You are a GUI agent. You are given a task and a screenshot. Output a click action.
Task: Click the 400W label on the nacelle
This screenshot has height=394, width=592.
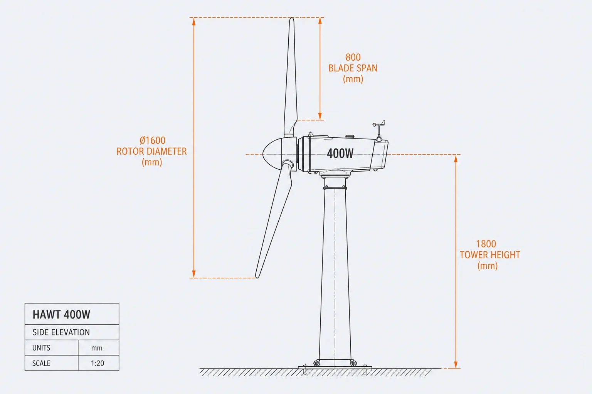(x=340, y=153)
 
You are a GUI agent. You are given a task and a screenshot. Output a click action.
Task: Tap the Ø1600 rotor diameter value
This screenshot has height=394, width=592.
(x=153, y=140)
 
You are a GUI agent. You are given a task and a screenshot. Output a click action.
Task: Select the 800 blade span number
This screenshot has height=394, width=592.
(x=353, y=57)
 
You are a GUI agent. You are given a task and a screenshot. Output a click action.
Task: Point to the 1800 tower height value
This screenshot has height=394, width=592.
(x=486, y=244)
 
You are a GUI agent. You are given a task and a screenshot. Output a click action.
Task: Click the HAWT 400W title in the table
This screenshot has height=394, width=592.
(x=61, y=315)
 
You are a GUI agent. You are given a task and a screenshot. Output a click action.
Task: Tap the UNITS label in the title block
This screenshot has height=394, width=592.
(x=41, y=348)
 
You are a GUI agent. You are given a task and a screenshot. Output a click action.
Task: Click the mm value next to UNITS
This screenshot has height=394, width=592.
(x=97, y=348)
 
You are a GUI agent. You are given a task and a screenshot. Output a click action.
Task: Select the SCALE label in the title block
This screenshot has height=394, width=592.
(x=41, y=363)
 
